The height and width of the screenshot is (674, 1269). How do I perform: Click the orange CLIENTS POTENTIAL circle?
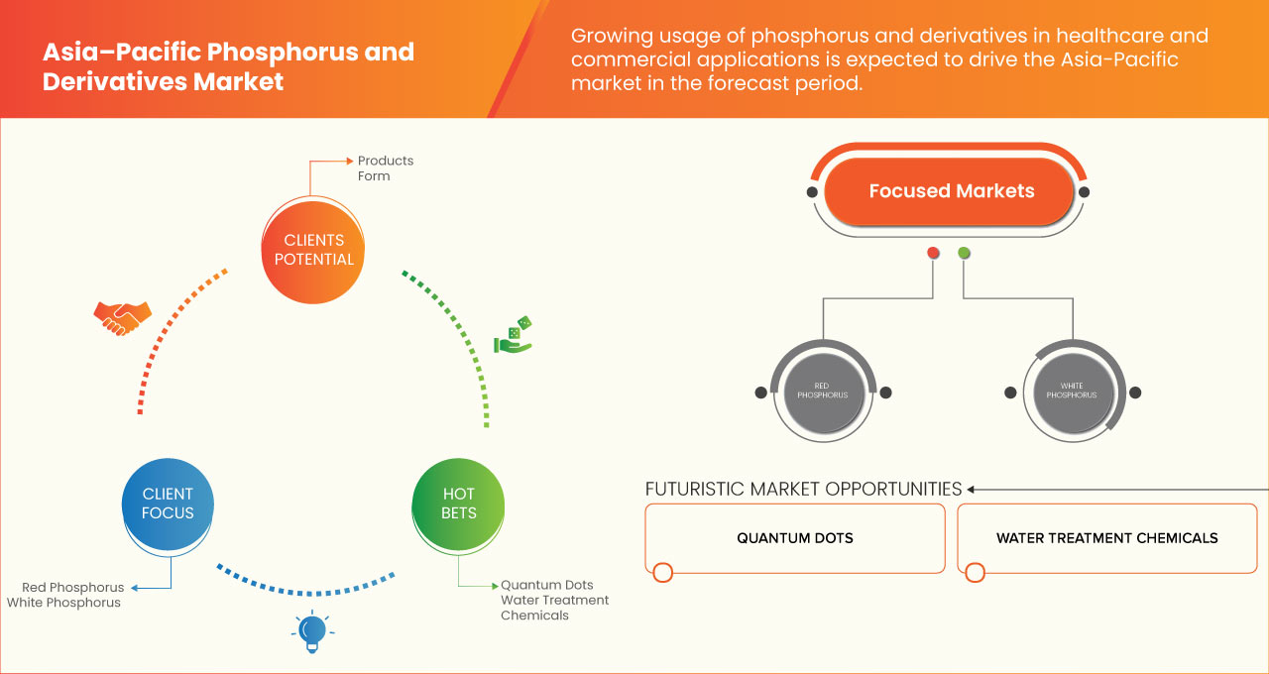click(x=312, y=250)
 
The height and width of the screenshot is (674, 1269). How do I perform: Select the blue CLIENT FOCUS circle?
click(x=168, y=504)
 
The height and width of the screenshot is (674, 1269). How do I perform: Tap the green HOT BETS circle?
click(x=458, y=504)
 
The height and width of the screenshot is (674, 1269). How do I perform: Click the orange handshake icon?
click(x=122, y=317)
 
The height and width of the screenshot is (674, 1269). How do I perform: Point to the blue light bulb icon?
click(x=312, y=631)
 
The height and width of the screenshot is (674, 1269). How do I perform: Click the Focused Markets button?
click(x=951, y=191)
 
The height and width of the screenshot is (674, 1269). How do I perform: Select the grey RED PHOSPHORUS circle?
click(x=822, y=391)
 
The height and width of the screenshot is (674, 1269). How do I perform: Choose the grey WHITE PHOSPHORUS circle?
click(x=1072, y=391)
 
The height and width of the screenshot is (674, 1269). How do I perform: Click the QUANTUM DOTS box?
click(x=794, y=538)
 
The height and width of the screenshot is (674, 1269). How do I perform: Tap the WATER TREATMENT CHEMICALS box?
click(x=1106, y=538)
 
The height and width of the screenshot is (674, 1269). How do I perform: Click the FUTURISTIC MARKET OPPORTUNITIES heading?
click(x=803, y=489)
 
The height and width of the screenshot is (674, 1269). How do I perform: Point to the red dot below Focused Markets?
click(x=933, y=254)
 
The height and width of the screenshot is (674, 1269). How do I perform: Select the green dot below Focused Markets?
click(x=965, y=254)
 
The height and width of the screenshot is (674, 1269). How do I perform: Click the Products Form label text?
click(x=385, y=168)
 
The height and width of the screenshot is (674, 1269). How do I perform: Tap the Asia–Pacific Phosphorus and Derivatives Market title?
click(x=228, y=66)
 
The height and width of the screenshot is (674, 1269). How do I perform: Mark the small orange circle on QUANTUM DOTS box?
click(x=663, y=572)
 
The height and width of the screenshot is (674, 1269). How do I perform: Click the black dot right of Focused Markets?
click(x=1085, y=192)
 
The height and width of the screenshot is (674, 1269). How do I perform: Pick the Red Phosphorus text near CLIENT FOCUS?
click(x=72, y=588)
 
